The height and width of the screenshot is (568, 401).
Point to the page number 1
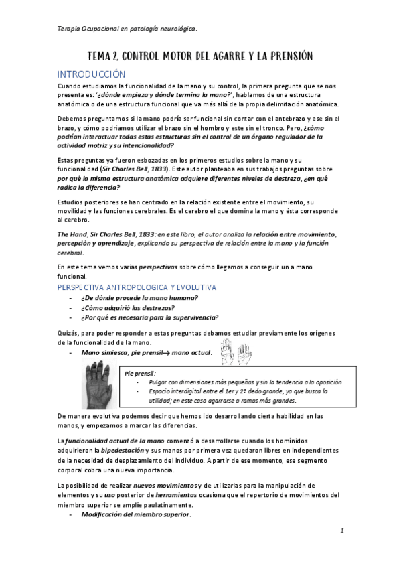pos(341,530)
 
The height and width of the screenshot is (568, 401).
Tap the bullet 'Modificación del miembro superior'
pos(135,514)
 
